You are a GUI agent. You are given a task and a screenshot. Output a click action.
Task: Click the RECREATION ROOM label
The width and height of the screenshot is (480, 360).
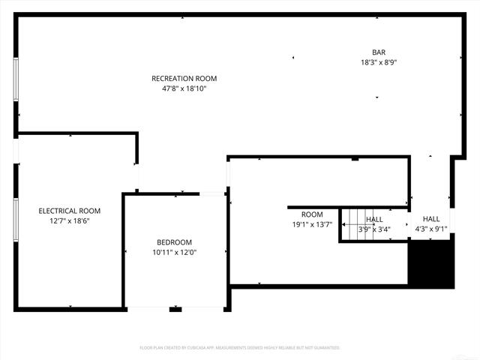click(184, 79)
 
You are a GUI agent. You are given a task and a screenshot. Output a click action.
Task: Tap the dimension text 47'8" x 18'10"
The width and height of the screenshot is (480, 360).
click(184, 88)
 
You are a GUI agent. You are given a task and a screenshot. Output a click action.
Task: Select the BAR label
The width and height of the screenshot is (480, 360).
click(379, 52)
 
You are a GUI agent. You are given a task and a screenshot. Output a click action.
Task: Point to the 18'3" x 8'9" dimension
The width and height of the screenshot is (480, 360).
click(379, 62)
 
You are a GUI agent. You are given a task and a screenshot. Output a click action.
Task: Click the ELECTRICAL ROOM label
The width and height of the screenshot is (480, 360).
click(69, 211)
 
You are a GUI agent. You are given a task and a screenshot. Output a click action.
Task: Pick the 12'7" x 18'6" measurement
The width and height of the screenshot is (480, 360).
click(69, 220)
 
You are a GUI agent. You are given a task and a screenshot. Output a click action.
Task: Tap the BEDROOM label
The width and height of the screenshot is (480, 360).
click(174, 242)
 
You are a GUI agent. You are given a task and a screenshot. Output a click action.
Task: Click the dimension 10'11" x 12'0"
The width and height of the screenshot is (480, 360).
click(174, 252)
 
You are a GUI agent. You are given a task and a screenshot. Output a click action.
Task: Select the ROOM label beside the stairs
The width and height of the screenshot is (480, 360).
click(312, 215)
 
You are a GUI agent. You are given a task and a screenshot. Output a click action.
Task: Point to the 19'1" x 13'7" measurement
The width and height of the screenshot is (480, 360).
click(312, 224)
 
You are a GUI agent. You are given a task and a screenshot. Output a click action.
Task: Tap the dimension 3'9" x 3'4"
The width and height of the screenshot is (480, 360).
click(374, 229)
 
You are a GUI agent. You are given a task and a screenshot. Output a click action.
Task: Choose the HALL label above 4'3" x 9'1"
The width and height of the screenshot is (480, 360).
click(431, 219)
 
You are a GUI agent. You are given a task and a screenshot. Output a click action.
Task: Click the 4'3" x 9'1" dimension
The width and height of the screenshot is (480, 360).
click(431, 229)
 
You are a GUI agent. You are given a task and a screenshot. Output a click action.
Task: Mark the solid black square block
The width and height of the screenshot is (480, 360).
click(431, 262)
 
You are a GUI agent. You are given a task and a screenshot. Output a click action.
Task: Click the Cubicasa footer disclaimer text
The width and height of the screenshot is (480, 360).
click(240, 348)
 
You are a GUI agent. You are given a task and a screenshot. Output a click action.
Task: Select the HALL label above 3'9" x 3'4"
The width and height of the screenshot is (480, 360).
click(374, 220)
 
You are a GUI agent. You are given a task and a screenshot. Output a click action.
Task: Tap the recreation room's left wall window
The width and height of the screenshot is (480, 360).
click(16, 78)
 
